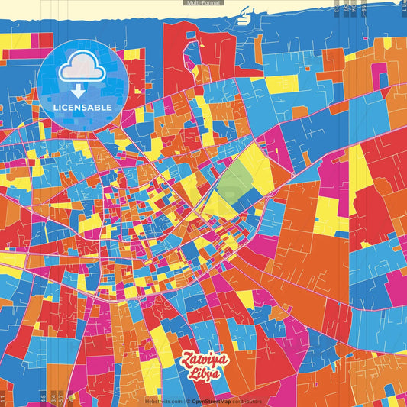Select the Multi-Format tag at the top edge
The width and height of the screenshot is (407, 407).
click(x=203, y=3)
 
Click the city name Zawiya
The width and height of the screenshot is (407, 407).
click(x=201, y=360)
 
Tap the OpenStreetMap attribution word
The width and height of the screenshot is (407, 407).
click(x=213, y=402)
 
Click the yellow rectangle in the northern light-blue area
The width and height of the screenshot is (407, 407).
click(x=282, y=83)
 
